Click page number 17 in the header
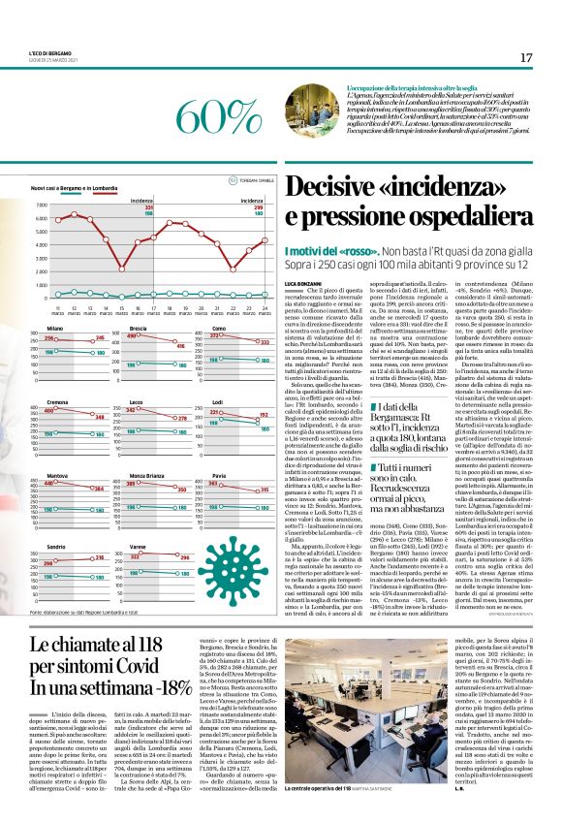pyautogui.click(x=525, y=58)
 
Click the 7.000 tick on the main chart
pyautogui.click(x=40, y=206)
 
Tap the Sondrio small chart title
pyautogui.click(x=55, y=546)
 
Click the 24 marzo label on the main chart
pyautogui.click(x=265, y=310)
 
